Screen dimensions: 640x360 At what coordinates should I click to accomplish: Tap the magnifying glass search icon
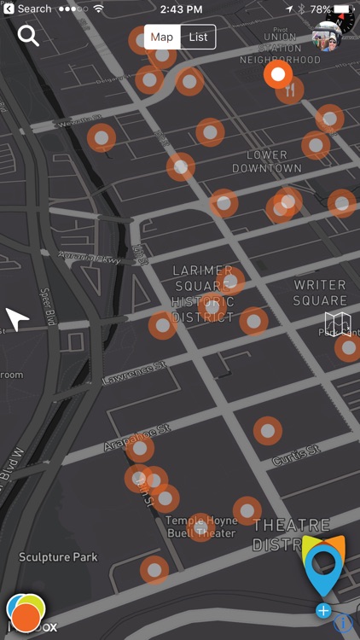(x=28, y=36)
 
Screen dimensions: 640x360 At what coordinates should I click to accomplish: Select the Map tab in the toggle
(x=162, y=37)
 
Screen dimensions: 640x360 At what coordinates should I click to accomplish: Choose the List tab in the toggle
(x=199, y=37)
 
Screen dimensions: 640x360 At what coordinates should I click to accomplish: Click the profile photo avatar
(x=324, y=38)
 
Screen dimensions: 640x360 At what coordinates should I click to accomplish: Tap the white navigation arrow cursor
(x=17, y=320)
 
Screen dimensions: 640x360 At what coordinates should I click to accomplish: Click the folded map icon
(x=337, y=325)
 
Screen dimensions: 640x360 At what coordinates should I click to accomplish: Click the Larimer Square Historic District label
(x=203, y=294)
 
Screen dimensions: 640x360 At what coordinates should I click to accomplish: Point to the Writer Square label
(x=320, y=292)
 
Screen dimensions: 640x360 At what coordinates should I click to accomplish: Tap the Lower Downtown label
(x=267, y=161)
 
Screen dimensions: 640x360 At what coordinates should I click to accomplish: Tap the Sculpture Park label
(x=58, y=557)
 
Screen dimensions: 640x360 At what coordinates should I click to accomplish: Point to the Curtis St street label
(x=296, y=455)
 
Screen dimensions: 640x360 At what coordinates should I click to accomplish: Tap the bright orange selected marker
(x=277, y=75)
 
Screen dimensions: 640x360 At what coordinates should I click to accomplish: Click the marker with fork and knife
(x=291, y=90)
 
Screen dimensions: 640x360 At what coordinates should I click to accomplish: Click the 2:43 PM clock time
(x=180, y=9)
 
